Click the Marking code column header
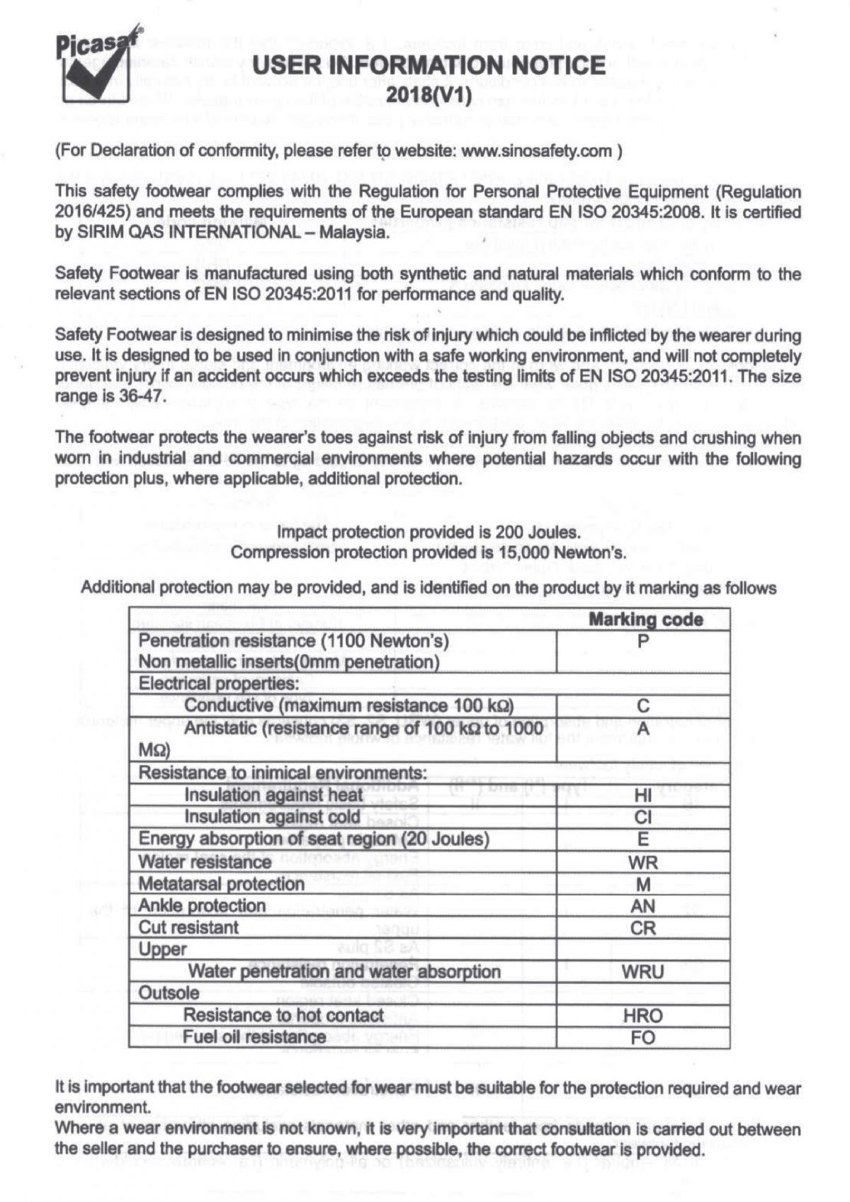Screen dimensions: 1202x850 [645, 620]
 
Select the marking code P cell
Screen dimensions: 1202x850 [643, 641]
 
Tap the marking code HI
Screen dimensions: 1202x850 [643, 795]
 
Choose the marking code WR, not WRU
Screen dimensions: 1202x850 [643, 862]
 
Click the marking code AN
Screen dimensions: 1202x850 [643, 906]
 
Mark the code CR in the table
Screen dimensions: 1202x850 [643, 928]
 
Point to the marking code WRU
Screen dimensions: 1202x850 [643, 972]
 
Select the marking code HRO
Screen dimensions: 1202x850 [643, 1016]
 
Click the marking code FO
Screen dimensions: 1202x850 [643, 1038]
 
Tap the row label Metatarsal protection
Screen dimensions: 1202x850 [221, 884]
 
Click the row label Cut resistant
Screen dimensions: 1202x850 [188, 928]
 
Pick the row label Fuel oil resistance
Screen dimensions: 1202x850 [254, 1038]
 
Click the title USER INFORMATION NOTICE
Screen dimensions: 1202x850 [429, 65]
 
